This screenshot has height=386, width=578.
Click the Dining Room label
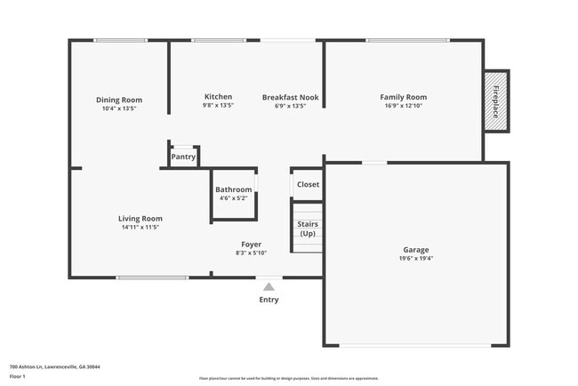[119, 100]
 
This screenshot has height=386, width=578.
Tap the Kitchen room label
[218, 97]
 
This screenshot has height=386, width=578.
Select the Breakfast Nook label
[290, 97]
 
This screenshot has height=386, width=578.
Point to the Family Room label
[403, 97]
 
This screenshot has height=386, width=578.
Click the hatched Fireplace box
[495, 101]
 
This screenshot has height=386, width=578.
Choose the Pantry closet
[183, 157]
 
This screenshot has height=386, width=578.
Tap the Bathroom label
[234, 189]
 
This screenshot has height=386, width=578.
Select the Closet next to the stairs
[308, 184]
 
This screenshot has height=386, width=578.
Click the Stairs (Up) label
[308, 229]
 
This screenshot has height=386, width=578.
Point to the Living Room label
[140, 218]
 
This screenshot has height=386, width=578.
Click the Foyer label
[251, 244]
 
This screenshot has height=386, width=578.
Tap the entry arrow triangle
[269, 286]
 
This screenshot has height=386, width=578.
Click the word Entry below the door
[269, 300]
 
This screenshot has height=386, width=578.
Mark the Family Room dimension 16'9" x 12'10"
[403, 106]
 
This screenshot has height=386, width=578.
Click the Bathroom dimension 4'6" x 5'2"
[234, 198]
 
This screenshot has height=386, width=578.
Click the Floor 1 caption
[18, 376]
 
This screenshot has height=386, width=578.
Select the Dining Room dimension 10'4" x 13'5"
[119, 109]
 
